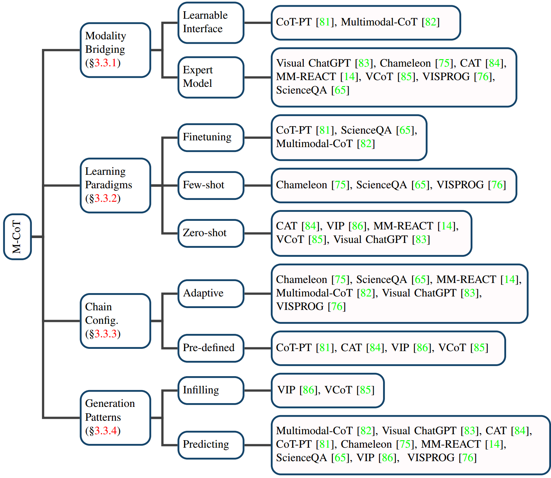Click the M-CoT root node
coord(17,237)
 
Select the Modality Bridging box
coord(115,50)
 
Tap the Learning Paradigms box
coord(115,185)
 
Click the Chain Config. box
coord(115,321)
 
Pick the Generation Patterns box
coord(115,417)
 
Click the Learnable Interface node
coord(211,22)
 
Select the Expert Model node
coord(211,77)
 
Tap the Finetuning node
coord(211,137)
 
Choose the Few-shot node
coord(211,185)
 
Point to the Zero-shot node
coord(211,233)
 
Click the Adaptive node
coord(211,293)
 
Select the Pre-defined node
coord(211,348)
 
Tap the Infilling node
coord(211,390)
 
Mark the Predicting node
coord(211,445)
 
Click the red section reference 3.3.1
coord(105,63)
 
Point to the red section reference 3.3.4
coord(105,431)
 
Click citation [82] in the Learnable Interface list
coord(431,22)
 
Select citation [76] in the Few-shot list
coord(497,185)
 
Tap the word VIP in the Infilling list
coord(286,390)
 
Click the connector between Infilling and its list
coord(257,390)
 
